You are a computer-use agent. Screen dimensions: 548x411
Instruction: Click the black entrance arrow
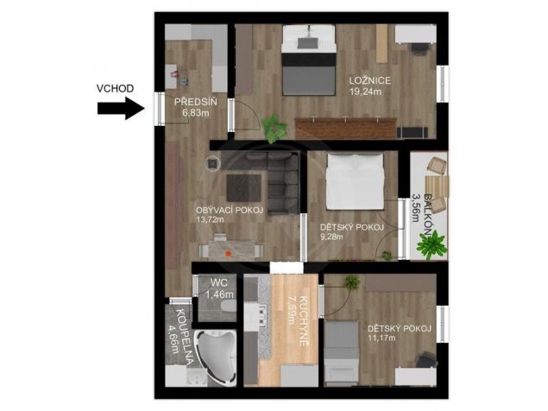coord(121,109)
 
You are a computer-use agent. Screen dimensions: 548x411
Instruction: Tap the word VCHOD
coord(115,88)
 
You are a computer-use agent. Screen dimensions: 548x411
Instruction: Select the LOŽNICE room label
coord(370,81)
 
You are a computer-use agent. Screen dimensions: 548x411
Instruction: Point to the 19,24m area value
coord(365,92)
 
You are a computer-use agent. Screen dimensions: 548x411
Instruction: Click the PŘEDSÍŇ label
coord(196,102)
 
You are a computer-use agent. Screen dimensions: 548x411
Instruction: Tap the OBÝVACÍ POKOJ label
coord(230,210)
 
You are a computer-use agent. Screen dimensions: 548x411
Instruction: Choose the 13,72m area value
coord(210,219)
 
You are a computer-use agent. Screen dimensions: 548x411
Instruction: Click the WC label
coord(219,282)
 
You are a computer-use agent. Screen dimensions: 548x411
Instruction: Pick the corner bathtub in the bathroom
coord(216,355)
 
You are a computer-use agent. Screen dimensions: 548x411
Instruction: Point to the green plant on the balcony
coord(432,245)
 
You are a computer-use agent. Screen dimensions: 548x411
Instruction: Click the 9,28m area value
coord(331,237)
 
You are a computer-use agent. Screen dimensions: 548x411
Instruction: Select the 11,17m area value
coord(381,338)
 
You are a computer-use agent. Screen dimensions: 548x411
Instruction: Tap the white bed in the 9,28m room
coord(355,181)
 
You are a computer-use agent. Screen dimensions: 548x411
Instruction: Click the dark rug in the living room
coord(244,188)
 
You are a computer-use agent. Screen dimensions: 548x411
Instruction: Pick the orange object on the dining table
coord(229,254)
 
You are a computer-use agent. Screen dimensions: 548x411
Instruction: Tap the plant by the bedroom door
coord(275,129)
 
